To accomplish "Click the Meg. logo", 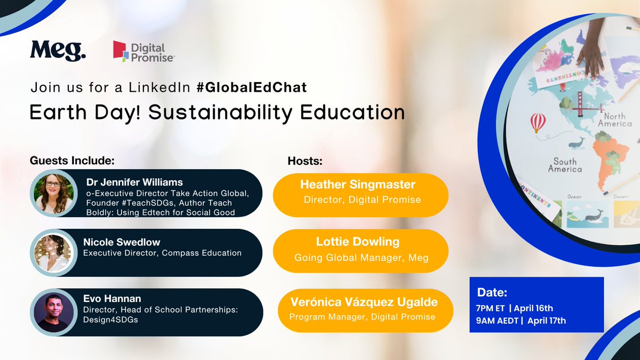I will click(58, 51).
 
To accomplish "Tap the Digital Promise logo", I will click(143, 52).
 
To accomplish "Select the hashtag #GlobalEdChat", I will click(251, 88).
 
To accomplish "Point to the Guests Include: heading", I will click(73, 160).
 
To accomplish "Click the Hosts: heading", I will click(306, 160).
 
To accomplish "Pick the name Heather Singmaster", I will click(358, 185).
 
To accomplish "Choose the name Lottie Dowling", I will click(361, 242).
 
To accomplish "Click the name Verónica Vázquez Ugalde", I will click(364, 302).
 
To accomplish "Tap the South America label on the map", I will click(565, 165).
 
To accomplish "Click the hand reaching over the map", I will click(591, 53).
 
